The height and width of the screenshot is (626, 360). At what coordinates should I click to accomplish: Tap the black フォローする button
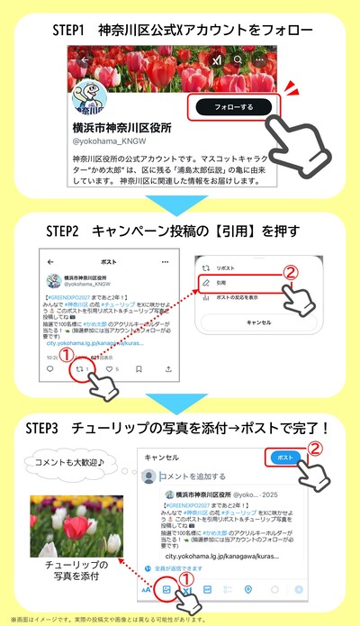(233, 107)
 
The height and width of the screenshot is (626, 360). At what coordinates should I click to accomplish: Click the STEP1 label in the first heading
(75, 28)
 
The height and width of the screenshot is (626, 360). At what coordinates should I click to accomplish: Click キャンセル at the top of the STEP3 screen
(165, 458)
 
